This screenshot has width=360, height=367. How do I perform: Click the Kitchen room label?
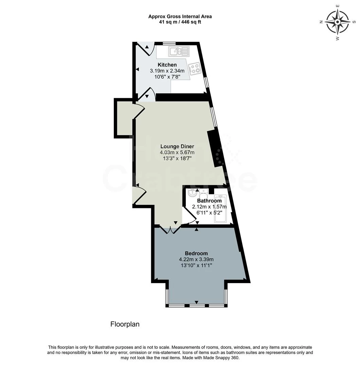pyautogui.click(x=167, y=65)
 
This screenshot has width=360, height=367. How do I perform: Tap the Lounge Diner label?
pyautogui.click(x=177, y=146)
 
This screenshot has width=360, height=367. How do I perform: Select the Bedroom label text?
pyautogui.click(x=196, y=253)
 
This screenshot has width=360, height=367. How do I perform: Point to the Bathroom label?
pyautogui.click(x=209, y=201)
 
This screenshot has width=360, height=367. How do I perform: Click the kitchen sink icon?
pyautogui.click(x=179, y=51)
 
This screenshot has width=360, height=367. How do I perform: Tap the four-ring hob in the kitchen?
pyautogui.click(x=195, y=69)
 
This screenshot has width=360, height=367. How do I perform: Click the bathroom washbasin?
pyautogui.click(x=192, y=193)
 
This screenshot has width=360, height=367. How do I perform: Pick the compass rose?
pyautogui.click(x=337, y=22)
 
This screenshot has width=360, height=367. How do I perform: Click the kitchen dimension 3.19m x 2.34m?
pyautogui.click(x=167, y=71)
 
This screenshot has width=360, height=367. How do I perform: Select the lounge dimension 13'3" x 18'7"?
pyautogui.click(x=177, y=158)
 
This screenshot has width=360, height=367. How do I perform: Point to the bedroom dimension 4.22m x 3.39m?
pyautogui.click(x=196, y=259)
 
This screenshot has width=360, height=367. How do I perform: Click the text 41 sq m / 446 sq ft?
pyautogui.click(x=180, y=22)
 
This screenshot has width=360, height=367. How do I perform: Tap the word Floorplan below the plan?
pyautogui.click(x=125, y=324)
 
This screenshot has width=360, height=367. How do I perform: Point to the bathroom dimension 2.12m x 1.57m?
pyautogui.click(x=209, y=207)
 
